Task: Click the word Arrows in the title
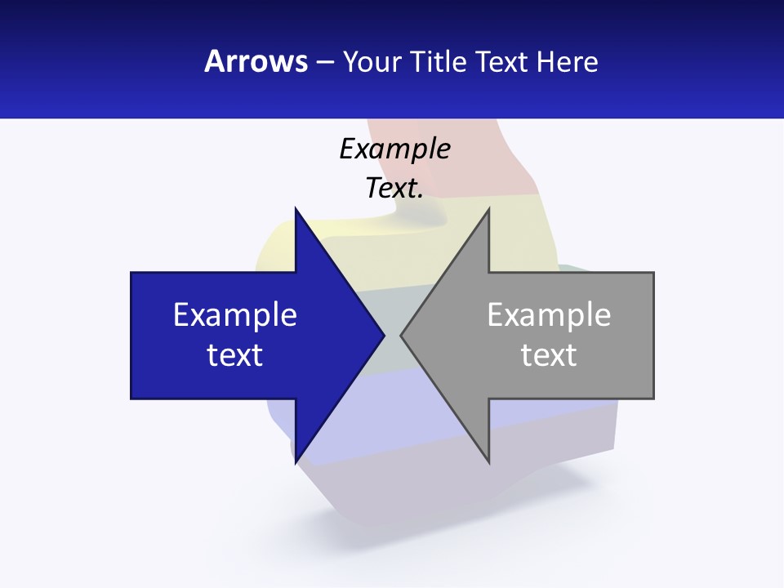[x=256, y=61]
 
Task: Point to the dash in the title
[x=323, y=62]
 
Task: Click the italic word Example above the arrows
[x=394, y=149]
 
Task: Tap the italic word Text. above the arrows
[x=394, y=188]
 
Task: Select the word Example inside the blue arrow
[x=235, y=314]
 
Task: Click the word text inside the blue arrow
[x=235, y=354]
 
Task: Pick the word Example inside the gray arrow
[x=549, y=314]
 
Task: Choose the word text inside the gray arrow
[x=549, y=354]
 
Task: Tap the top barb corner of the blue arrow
[x=296, y=210]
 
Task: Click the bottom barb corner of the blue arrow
[x=296, y=461]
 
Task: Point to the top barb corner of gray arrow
[x=488, y=210]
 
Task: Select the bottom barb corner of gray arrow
[x=488, y=461]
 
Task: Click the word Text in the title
[x=502, y=61]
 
